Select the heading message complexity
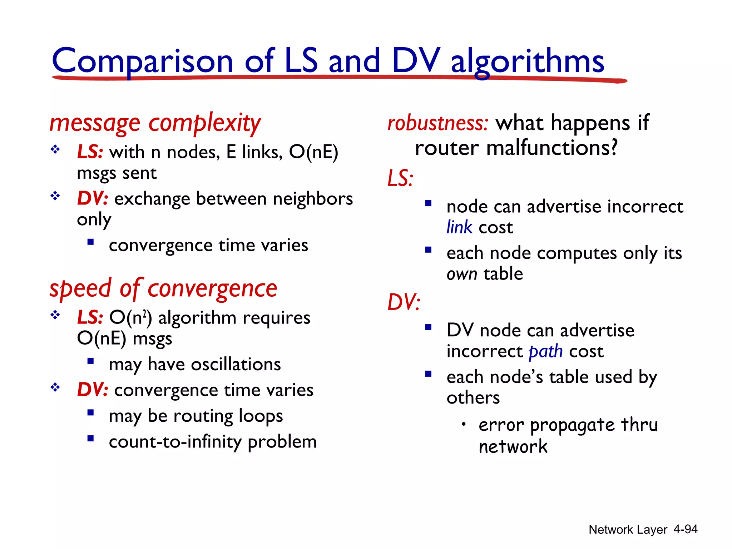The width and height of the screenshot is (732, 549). (155, 123)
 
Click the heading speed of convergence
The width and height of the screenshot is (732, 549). (163, 289)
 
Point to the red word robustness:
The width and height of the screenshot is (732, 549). (438, 124)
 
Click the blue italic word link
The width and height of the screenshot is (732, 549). (459, 228)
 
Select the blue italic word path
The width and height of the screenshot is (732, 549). (545, 352)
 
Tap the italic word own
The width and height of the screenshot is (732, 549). (462, 274)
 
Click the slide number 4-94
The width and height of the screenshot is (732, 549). (685, 529)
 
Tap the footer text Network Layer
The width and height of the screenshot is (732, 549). (628, 530)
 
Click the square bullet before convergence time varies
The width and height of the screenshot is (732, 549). (90, 242)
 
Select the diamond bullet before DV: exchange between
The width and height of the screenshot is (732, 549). (55, 196)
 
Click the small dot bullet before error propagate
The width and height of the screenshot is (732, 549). (463, 424)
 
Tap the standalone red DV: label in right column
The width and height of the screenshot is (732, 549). (404, 302)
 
